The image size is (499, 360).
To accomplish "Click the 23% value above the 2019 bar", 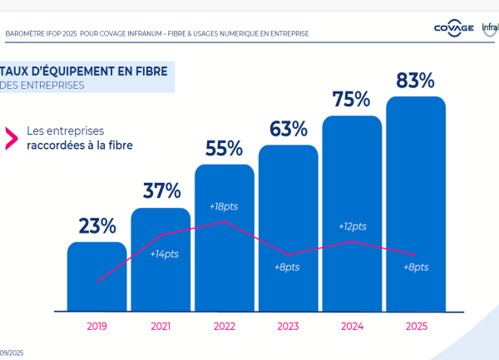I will (97, 225).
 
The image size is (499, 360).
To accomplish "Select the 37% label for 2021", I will (161, 190).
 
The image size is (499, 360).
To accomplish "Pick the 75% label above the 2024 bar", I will (351, 100).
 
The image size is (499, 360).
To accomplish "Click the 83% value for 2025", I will (416, 81).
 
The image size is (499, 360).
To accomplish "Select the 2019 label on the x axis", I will (97, 327).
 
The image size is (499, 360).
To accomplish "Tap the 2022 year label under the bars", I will (225, 327).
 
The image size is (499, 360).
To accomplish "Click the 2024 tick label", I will (352, 327).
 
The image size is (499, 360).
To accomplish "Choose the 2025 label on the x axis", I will (416, 327).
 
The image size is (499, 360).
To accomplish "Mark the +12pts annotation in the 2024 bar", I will (352, 226).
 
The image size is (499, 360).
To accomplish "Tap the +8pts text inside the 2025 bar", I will (415, 267).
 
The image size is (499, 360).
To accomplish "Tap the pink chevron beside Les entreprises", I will (12, 137).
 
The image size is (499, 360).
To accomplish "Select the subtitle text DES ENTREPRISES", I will (43, 85).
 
